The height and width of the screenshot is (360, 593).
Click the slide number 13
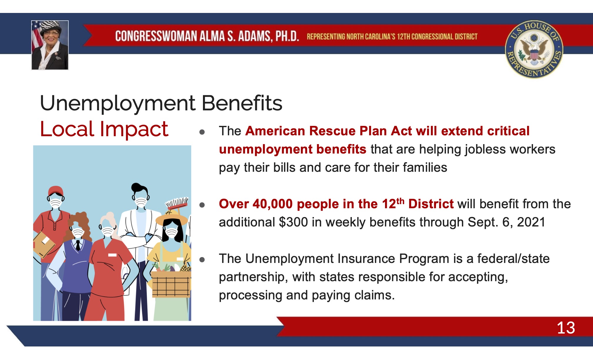566,328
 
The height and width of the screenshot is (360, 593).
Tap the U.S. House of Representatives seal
534,49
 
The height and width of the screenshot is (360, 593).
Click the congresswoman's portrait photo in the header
50,45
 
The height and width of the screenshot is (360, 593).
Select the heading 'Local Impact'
104,129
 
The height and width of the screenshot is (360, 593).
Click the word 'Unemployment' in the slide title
118,104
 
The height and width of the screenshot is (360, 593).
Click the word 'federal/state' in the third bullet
513,259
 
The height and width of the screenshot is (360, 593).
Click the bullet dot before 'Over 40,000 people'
202,205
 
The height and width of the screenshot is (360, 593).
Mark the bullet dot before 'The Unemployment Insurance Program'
202,260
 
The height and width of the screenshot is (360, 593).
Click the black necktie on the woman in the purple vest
78,245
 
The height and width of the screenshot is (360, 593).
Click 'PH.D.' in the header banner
287,36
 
